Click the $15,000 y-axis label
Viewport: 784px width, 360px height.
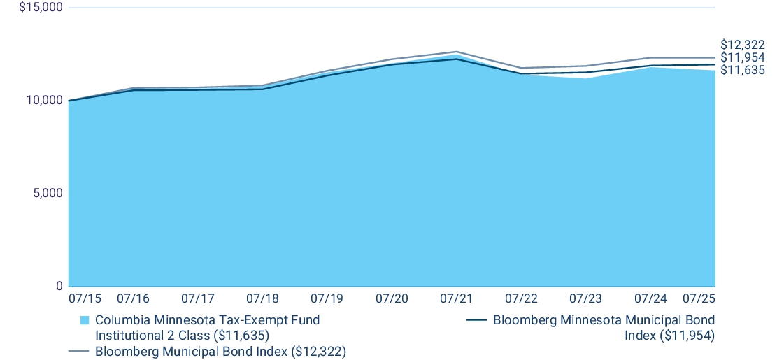point(41,8)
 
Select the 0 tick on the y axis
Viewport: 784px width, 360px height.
point(60,286)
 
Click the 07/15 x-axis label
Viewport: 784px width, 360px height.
point(85,298)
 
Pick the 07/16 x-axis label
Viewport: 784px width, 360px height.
point(133,298)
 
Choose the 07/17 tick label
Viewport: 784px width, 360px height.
point(197,298)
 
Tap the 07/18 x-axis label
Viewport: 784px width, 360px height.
point(262,298)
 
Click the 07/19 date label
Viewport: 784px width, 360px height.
point(327,298)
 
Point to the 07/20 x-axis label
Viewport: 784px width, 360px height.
point(392,298)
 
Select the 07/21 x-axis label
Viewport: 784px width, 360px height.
point(456,298)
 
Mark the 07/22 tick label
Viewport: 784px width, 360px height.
point(521,298)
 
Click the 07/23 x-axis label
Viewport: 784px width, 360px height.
point(585,298)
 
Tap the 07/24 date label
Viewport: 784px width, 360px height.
point(650,298)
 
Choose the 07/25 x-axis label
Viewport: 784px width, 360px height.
point(699,298)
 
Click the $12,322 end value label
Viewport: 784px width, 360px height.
point(743,45)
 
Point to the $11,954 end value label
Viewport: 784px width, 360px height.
point(743,57)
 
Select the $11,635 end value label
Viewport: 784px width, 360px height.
point(743,70)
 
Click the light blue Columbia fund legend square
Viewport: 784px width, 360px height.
point(85,320)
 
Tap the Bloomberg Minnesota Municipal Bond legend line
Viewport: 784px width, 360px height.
point(476,320)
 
